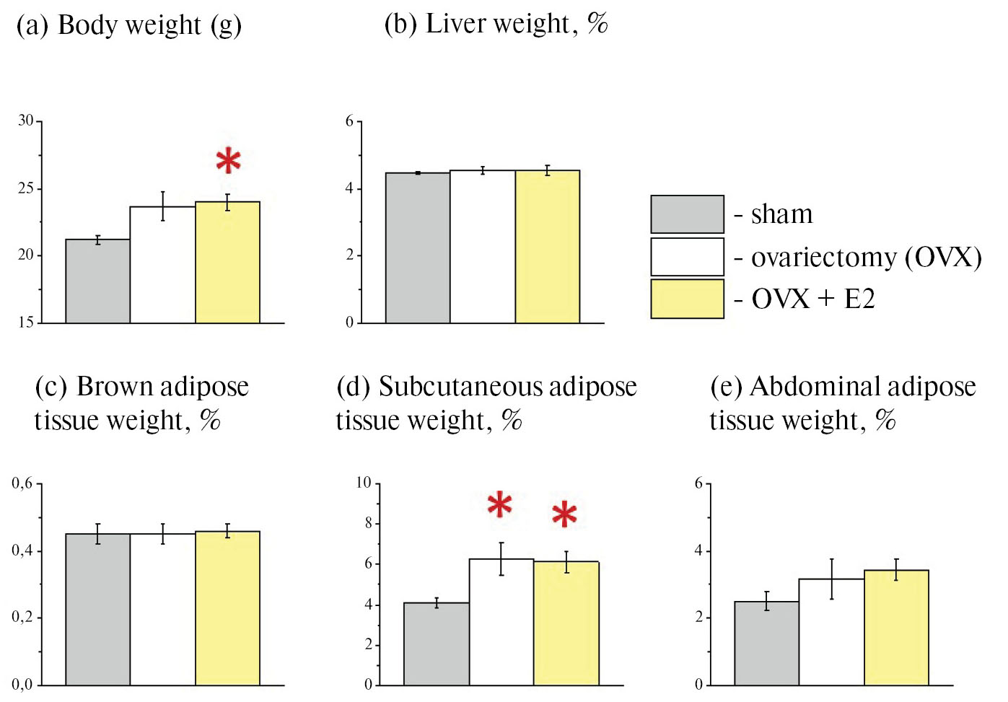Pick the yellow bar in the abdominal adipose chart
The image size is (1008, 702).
pyautogui.click(x=895, y=627)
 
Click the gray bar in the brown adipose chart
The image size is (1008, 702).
pyautogui.click(x=97, y=609)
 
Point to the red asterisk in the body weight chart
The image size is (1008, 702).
pyautogui.click(x=228, y=161)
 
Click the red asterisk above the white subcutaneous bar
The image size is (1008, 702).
pyautogui.click(x=500, y=505)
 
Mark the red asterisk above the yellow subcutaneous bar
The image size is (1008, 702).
pyautogui.click(x=564, y=514)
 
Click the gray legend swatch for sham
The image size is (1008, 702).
pyautogui.click(x=687, y=214)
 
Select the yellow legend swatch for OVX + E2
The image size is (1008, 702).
pyautogui.click(x=687, y=299)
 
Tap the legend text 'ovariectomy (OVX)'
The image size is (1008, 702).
pyautogui.click(x=866, y=257)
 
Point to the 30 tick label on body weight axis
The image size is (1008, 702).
pyautogui.click(x=26, y=120)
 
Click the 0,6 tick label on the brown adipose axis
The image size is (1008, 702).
pyautogui.click(x=22, y=483)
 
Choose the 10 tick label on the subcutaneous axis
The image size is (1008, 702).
pyautogui.click(x=364, y=482)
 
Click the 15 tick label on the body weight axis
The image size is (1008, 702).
pyautogui.click(x=26, y=323)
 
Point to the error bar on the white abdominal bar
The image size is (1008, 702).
pyautogui.click(x=831, y=579)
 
